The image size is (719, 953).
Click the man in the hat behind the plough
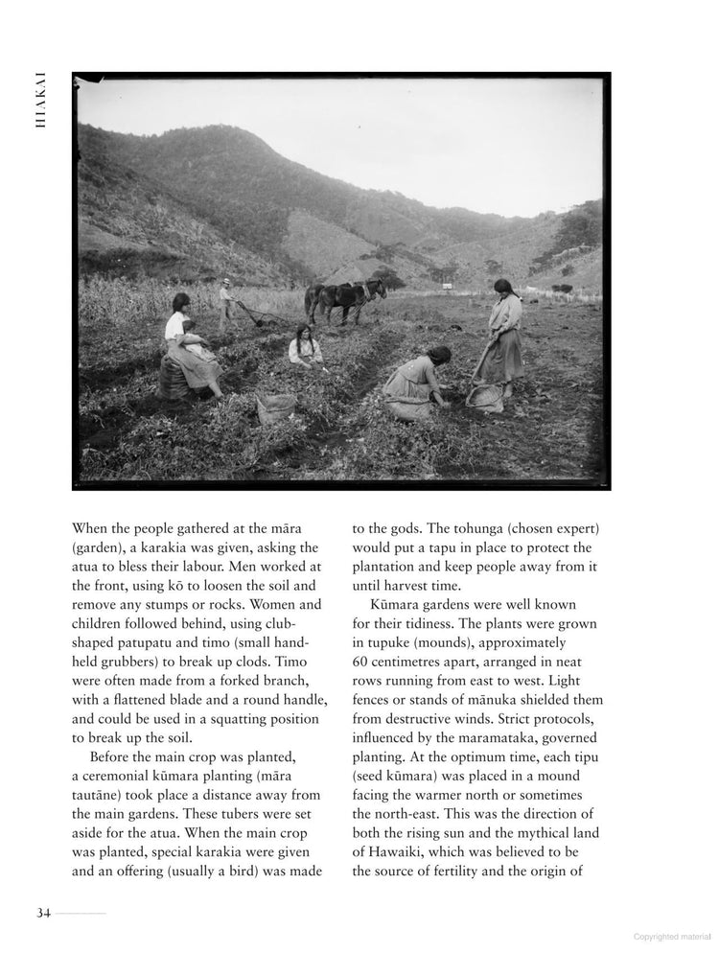[x=226, y=304]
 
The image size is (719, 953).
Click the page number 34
[x=43, y=912]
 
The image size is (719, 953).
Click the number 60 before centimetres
[x=362, y=662]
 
